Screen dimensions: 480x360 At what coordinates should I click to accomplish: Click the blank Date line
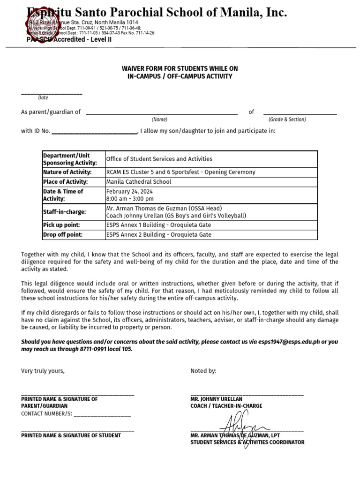point(52,94)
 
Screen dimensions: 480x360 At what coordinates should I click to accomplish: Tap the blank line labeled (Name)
point(161,113)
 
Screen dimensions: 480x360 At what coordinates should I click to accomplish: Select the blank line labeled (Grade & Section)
point(300,113)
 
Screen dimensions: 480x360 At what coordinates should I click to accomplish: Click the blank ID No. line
point(94,133)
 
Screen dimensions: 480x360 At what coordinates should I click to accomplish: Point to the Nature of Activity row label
point(67,172)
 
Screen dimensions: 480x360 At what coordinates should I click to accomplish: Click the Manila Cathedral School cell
point(139,181)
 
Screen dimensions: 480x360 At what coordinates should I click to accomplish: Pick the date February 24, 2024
point(129,191)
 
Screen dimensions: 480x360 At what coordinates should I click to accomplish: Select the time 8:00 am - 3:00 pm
point(130,199)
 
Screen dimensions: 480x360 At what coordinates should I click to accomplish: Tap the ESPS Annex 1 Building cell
point(158,225)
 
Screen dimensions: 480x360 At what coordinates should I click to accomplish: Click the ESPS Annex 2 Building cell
point(158,234)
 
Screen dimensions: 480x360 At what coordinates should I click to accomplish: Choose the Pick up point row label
point(61,225)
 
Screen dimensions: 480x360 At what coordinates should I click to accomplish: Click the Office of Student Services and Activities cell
point(159,159)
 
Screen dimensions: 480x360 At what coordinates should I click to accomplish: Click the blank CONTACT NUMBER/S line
point(102,415)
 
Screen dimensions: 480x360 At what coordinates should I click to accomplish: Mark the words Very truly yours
point(43,371)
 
